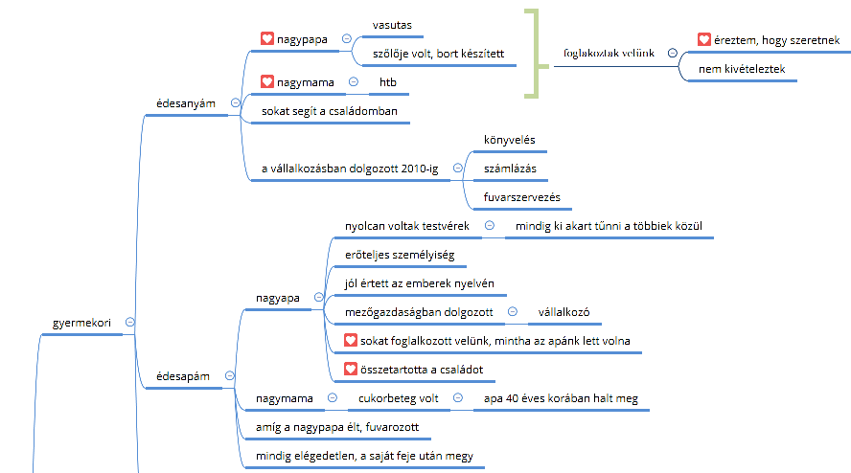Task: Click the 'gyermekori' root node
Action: pyautogui.click(x=81, y=323)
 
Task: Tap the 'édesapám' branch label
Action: pyautogui.click(x=183, y=377)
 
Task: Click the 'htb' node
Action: pyautogui.click(x=388, y=83)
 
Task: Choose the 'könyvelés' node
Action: pyautogui.click(x=509, y=140)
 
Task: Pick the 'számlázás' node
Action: pyautogui.click(x=510, y=169)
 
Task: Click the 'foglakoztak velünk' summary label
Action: pyautogui.click(x=609, y=54)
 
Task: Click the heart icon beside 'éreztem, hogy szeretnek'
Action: pyautogui.click(x=704, y=40)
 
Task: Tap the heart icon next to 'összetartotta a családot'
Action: pyautogui.click(x=351, y=369)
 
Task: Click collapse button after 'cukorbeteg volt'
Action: pyautogui.click(x=457, y=397)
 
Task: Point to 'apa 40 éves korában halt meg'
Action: pyautogui.click(x=561, y=398)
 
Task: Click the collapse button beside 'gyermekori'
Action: pyautogui.click(x=129, y=323)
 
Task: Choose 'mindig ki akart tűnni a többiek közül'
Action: pyautogui.click(x=609, y=226)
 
